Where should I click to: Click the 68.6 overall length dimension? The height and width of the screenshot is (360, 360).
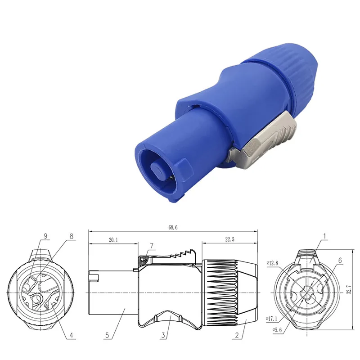tap(173, 228)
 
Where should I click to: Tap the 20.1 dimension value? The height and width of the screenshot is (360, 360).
tap(113, 240)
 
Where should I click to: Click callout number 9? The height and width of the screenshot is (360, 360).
tap(45, 236)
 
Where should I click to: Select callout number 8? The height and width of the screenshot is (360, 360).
tap(71, 236)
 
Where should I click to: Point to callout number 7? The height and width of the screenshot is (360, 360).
tap(152, 246)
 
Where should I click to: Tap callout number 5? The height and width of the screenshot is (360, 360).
tap(107, 335)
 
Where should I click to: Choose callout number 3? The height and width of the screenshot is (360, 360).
tap(165, 335)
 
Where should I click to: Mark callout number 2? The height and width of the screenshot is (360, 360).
tap(238, 335)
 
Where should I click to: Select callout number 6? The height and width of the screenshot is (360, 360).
tap(340, 260)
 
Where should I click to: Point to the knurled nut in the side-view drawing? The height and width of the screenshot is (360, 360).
tap(227, 288)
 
